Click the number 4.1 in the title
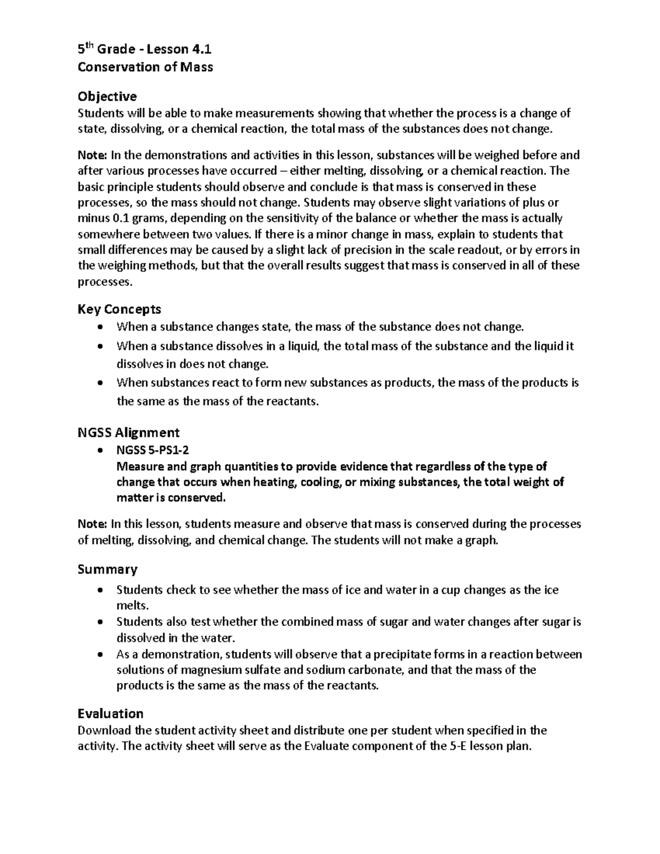click(x=202, y=49)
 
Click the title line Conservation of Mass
click(x=145, y=67)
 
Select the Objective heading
click(x=107, y=97)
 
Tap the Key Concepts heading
click(x=119, y=309)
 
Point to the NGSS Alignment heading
click(x=129, y=432)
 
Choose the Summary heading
click(x=107, y=569)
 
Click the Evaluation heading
click(x=111, y=714)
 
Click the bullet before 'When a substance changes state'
click(x=99, y=328)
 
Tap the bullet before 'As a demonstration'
click(x=99, y=655)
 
